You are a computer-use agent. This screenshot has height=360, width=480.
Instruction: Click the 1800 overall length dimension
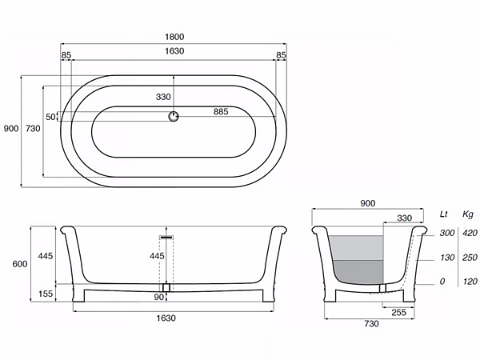(174, 37)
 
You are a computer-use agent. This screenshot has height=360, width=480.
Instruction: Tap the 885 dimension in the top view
(221, 111)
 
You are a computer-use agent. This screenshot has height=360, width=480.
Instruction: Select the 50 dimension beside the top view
(50, 117)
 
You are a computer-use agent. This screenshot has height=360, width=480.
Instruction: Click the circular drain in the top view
(174, 116)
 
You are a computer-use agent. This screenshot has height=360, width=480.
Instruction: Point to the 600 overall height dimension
(19, 264)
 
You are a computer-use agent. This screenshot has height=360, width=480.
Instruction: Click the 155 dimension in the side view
(46, 294)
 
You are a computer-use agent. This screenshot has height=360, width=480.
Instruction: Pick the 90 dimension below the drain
(158, 297)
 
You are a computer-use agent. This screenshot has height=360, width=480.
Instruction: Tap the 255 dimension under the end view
(399, 313)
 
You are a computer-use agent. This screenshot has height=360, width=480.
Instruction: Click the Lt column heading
(443, 214)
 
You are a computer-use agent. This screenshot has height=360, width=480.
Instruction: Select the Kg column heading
(468, 214)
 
